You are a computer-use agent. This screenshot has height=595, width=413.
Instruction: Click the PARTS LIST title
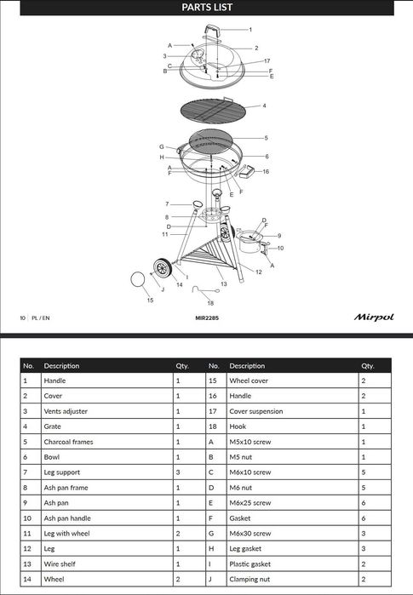pos(207,7)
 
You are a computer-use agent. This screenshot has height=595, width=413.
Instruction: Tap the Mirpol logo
pos(374,318)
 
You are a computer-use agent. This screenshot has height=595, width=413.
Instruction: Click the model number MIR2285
pos(207,318)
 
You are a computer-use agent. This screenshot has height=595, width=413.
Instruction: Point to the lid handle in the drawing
pos(212,31)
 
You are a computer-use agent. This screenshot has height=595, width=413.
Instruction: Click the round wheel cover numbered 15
pos(137,280)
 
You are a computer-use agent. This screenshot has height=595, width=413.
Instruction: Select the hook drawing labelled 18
pos(205,290)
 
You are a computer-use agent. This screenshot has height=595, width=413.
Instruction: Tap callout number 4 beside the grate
pos(264,106)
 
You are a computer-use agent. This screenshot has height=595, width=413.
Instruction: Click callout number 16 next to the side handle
pos(266,171)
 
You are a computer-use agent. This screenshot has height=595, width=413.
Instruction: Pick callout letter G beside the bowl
pos(162,147)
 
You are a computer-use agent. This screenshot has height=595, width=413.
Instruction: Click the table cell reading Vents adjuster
pos(66,411)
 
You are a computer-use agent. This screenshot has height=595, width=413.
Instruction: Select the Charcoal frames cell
pos(68,442)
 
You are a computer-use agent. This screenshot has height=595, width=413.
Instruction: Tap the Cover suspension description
pos(256,411)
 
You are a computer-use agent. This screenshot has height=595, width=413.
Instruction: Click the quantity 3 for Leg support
pos(178,472)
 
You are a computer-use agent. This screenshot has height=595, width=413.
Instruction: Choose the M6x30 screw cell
pos(250,534)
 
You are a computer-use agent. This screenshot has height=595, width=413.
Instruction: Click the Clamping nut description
pos(250,580)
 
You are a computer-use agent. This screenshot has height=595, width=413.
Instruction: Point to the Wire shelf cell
pos(60,564)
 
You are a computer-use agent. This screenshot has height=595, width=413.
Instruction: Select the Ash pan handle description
pos(67,518)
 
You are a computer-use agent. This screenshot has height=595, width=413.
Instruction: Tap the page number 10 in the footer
pos(22,318)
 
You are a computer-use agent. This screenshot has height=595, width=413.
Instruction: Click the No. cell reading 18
pos(213,426)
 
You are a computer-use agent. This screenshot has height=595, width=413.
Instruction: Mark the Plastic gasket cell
pos(250,564)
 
